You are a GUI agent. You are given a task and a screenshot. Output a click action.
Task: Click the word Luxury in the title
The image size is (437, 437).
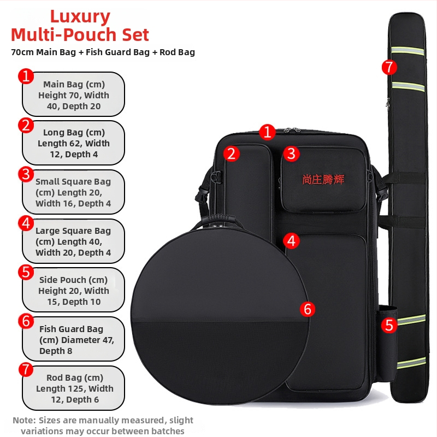pos(80,17)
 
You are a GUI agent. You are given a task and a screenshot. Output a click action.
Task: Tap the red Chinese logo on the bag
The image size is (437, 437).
pos(323,180)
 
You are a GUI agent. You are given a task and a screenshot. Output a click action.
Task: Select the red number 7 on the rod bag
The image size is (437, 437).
pos(389,67)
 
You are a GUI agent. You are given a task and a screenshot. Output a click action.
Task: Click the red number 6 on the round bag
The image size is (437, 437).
pos(308,309)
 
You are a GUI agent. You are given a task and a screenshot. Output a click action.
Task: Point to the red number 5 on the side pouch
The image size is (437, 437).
pos(389,325)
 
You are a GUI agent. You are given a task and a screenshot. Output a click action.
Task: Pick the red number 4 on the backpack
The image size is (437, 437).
pos(292,241)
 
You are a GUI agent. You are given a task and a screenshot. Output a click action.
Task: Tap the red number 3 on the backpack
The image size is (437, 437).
pos(292,153)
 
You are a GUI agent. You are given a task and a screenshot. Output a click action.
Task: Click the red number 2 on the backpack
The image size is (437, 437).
pos(231,153)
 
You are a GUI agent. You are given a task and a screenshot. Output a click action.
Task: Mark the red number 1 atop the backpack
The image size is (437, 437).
pos(267,132)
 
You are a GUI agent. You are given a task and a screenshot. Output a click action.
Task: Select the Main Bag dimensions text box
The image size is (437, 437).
pos(73,95)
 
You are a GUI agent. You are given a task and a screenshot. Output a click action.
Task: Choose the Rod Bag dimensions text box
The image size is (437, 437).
pos(73,388)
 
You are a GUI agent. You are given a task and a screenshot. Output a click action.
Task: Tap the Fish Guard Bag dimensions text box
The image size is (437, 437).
pos(73,339)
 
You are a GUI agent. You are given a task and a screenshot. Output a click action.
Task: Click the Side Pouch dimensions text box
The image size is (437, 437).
pos(73,290)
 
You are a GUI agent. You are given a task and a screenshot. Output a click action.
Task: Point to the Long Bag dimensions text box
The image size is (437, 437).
pos(73,143)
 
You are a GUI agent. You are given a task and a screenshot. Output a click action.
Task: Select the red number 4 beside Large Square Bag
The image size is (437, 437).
pos(26,223)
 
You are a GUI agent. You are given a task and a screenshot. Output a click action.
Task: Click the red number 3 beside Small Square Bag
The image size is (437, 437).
pos(26,174)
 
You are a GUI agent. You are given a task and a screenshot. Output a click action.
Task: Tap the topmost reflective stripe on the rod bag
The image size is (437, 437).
pos(408,50)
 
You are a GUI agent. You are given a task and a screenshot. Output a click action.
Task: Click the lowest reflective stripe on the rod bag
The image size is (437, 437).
pos(411,363)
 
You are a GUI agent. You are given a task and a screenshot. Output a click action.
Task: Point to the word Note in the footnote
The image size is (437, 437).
pos(24,420)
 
